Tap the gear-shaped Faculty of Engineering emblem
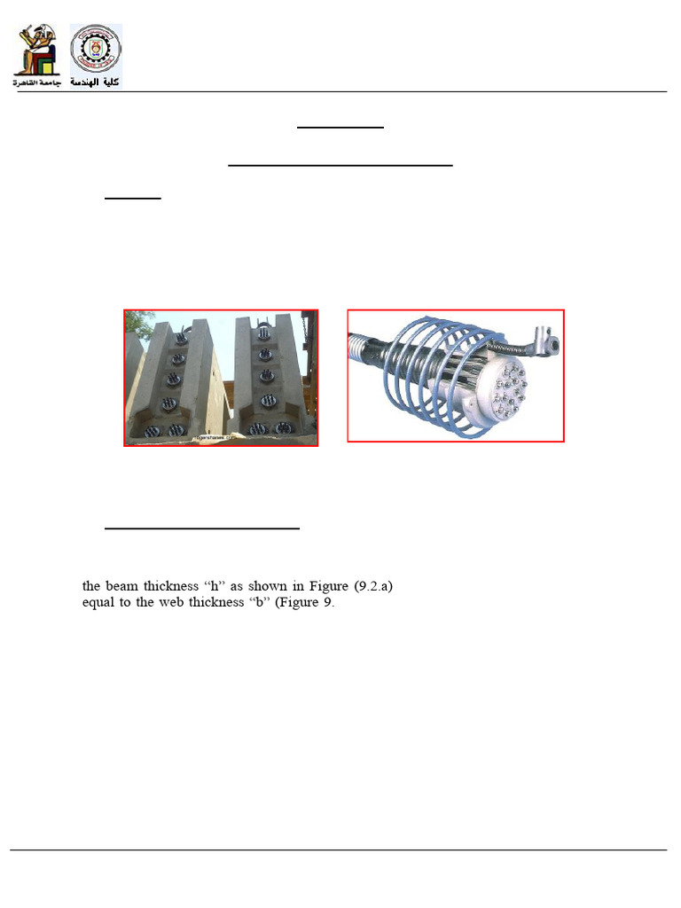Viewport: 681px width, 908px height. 95,50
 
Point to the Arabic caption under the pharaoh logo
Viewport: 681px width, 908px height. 35,82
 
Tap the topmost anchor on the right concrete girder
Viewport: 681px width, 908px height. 264,333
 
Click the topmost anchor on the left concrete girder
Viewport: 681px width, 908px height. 181,338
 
